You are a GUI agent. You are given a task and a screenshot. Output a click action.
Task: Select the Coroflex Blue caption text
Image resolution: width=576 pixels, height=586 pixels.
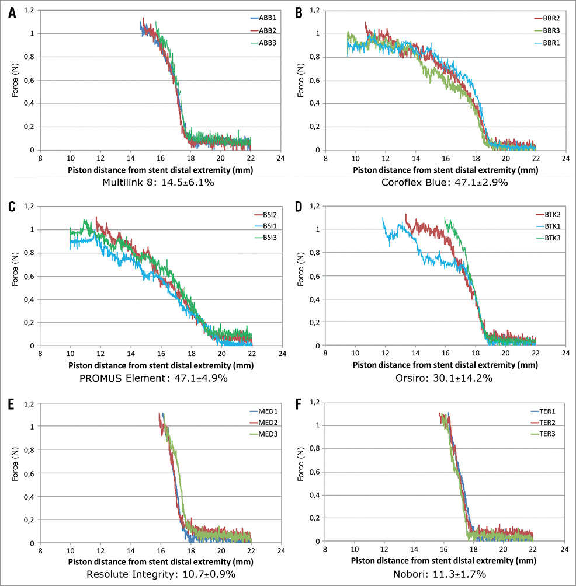coord(432,182)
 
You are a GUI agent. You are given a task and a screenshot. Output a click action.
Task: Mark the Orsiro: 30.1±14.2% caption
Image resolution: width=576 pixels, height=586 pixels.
coord(432,378)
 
